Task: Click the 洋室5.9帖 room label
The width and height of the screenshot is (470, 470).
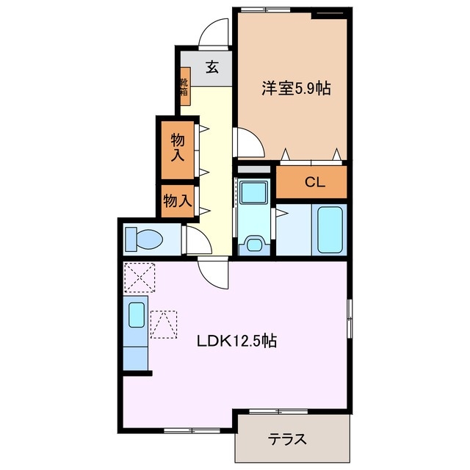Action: pyautogui.click(x=295, y=89)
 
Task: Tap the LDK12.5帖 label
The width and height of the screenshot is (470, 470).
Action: pyautogui.click(x=236, y=341)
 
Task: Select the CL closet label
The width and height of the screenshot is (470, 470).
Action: pyautogui.click(x=315, y=183)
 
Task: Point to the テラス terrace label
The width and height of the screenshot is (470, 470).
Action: pyautogui.click(x=286, y=440)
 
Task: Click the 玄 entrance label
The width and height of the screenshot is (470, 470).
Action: pyautogui.click(x=212, y=68)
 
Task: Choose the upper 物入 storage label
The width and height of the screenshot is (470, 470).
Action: pyautogui.click(x=178, y=147)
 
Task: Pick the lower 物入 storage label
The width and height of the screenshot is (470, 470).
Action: pyautogui.click(x=178, y=200)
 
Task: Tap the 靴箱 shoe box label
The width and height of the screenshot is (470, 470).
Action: pyautogui.click(x=184, y=83)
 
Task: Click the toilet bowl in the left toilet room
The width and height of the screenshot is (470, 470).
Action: pyautogui.click(x=144, y=239)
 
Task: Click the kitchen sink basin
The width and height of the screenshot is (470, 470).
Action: pyautogui.click(x=137, y=315)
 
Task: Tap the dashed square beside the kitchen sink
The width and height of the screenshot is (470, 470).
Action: pyautogui.click(x=163, y=323)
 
